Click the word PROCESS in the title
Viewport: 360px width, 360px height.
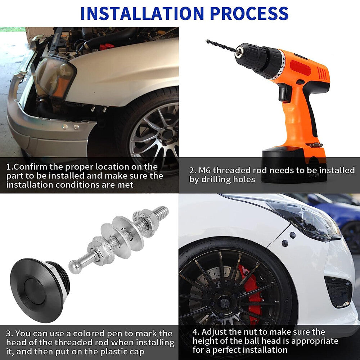click(x=249, y=13)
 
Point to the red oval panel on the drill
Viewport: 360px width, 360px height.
click(x=300, y=68)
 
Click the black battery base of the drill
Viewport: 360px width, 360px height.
click(x=294, y=165)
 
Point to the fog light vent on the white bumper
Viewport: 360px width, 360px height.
click(x=338, y=292)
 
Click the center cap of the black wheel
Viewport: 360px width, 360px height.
click(x=225, y=303)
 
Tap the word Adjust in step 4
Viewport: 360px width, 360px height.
click(x=214, y=332)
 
